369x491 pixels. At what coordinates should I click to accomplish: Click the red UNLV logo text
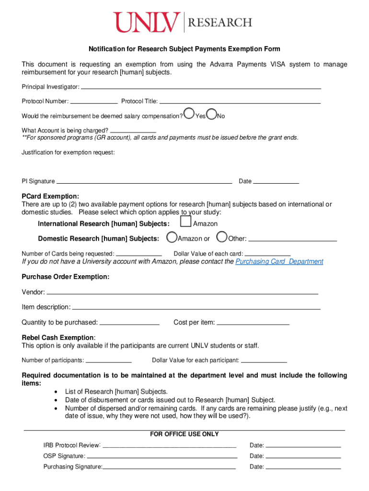pos(147,23)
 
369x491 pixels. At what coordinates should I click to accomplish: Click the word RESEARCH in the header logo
pos(220,23)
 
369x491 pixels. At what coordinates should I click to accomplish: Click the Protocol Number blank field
pos(94,101)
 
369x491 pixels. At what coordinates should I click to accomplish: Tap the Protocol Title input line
pos(240,101)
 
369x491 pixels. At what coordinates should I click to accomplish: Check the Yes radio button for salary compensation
pos(190,114)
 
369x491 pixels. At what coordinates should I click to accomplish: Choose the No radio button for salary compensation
pos(212,114)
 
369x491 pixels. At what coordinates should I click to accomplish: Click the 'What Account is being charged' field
pos(133,130)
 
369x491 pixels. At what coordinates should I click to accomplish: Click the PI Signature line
pos(144,181)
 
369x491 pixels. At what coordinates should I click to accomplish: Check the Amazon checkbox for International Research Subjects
pos(185,222)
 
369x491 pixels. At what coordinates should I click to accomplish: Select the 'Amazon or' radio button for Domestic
pos(172,237)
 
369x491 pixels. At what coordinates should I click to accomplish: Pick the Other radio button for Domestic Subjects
pos(222,237)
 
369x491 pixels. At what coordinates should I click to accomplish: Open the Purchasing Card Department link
pos(279,262)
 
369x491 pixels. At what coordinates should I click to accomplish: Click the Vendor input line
pos(182,292)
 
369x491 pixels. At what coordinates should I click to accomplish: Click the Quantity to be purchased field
pos(129,323)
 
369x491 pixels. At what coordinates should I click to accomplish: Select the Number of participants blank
pos(108,361)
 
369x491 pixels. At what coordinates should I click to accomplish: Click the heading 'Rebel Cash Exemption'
pos(58,337)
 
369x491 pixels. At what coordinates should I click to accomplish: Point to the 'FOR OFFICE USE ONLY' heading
pos(184,434)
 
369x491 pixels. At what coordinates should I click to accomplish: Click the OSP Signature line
pos(162,456)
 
